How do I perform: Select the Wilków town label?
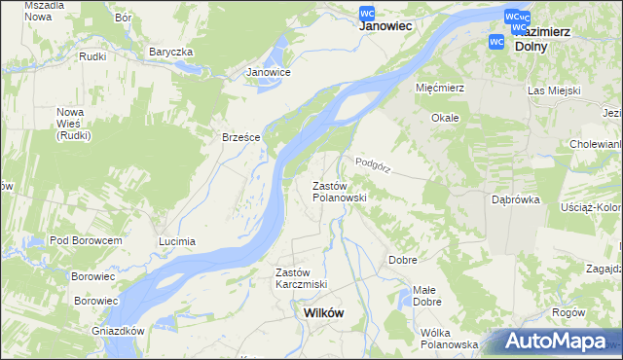tap(323, 313)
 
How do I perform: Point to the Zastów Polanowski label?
tap(338, 191)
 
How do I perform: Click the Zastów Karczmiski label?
tap(301, 277)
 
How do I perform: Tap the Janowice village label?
tap(269, 72)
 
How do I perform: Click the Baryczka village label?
tap(171, 52)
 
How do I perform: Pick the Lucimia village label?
tap(177, 240)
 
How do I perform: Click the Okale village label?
tap(445, 118)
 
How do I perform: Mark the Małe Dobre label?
tap(425, 295)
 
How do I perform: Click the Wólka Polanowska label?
tap(449, 338)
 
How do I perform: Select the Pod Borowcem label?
tap(86, 240)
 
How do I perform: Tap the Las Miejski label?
tap(554, 90)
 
